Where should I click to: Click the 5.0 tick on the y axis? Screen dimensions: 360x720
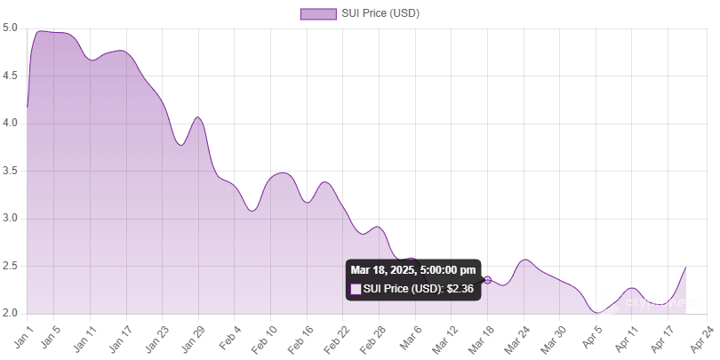pyautogui.click(x=11, y=28)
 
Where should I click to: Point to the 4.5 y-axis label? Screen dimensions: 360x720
pyautogui.click(x=11, y=76)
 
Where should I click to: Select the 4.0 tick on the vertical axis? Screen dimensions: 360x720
pyautogui.click(x=11, y=123)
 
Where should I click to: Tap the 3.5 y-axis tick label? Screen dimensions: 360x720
pyautogui.click(x=11, y=171)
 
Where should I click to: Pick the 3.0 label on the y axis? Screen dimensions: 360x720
pyautogui.click(x=11, y=218)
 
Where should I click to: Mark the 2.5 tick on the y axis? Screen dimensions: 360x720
pyautogui.click(x=11, y=266)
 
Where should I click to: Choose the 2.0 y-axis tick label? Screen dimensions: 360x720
pyautogui.click(x=11, y=313)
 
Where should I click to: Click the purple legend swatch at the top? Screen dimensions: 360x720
pyautogui.click(x=318, y=13)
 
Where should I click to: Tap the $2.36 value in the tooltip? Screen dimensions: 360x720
pyautogui.click(x=460, y=289)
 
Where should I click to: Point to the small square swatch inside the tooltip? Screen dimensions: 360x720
pyautogui.click(x=356, y=289)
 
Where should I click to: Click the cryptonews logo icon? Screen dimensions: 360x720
pyautogui.click(x=606, y=303)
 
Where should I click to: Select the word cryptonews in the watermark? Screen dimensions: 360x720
pyautogui.click(x=664, y=303)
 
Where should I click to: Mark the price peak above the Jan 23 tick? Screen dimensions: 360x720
pyautogui.click(x=197, y=116)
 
